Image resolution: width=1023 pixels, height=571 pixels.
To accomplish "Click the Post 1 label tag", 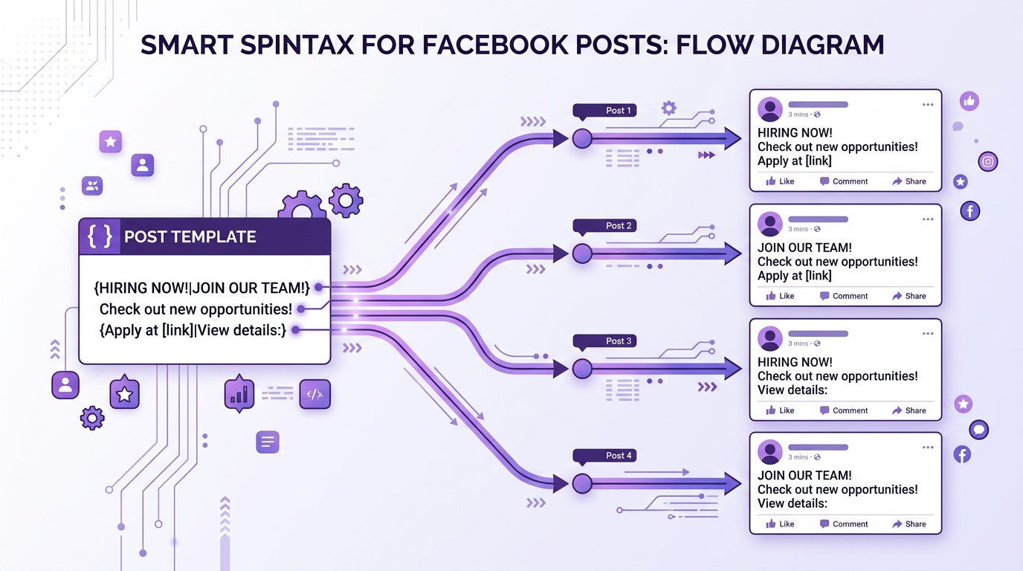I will pyautogui.click(x=604, y=111).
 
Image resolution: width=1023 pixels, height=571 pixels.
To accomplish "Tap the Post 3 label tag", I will pyautogui.click(x=604, y=341).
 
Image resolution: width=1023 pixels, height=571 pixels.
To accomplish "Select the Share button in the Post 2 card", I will pyautogui.click(x=909, y=296).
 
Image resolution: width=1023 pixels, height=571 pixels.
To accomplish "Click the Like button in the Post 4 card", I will pyautogui.click(x=780, y=524).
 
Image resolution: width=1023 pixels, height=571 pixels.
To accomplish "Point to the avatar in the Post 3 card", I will pyautogui.click(x=770, y=338).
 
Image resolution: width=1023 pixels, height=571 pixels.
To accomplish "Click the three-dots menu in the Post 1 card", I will pyautogui.click(x=927, y=105).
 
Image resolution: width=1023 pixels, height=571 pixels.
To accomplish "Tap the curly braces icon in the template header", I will pyautogui.click(x=100, y=236).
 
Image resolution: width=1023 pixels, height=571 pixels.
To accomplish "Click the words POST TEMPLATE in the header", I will pyautogui.click(x=190, y=237).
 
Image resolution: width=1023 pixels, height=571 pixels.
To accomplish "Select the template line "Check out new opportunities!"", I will pyautogui.click(x=196, y=309).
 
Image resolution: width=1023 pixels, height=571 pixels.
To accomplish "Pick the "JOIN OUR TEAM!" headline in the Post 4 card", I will pyautogui.click(x=804, y=476).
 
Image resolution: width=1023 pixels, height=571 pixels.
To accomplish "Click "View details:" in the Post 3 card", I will pyautogui.click(x=793, y=390).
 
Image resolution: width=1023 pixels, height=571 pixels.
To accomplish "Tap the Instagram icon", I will pyautogui.click(x=988, y=161).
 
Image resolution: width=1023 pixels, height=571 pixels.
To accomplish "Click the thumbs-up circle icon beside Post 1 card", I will pyautogui.click(x=969, y=101).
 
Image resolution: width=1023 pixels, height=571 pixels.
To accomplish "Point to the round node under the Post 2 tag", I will pyautogui.click(x=582, y=254).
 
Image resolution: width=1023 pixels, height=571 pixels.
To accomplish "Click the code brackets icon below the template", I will pyautogui.click(x=314, y=394).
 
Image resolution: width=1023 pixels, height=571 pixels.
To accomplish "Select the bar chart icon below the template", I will pyautogui.click(x=239, y=394).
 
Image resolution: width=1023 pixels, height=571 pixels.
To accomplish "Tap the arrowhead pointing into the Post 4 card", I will pyautogui.click(x=732, y=484).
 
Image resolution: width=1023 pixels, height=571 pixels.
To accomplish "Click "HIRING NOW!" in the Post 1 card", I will pyautogui.click(x=795, y=133).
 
